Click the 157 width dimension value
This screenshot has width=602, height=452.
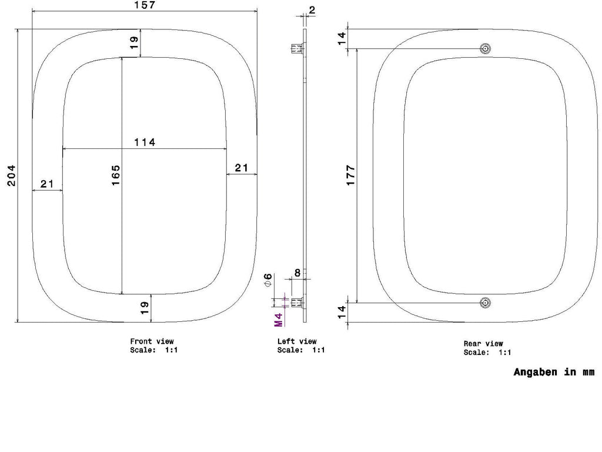tap(145, 5)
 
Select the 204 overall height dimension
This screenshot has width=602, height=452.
tap(12, 175)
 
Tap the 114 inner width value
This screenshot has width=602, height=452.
tap(145, 142)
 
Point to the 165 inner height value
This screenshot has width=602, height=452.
tap(116, 175)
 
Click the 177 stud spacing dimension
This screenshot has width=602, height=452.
tap(350, 175)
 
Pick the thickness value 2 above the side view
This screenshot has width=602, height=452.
tap(312, 10)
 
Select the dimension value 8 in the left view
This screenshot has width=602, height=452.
tap(297, 273)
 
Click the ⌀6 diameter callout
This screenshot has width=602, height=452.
tap(268, 280)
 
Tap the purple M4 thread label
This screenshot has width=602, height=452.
tap(279, 320)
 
